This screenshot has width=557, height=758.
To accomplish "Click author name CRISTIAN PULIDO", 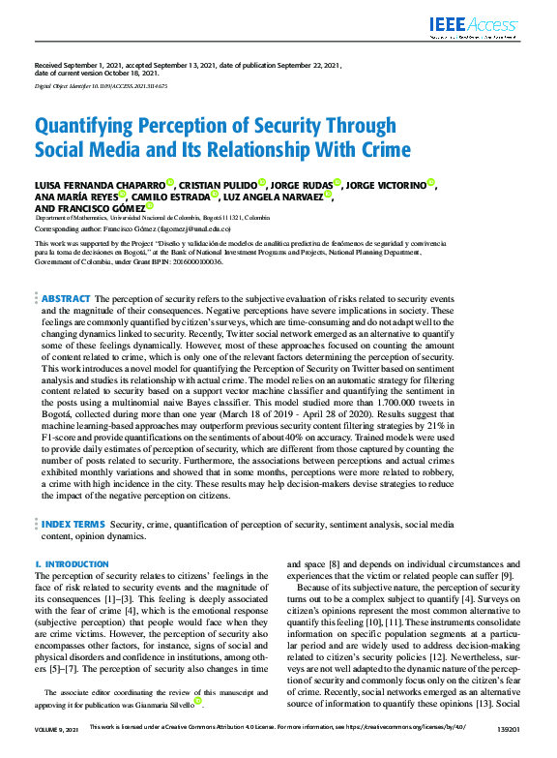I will (x=218, y=183).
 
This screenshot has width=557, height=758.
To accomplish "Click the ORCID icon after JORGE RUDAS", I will (x=338, y=182).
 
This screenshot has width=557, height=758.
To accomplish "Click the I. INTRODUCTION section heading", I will (x=72, y=563).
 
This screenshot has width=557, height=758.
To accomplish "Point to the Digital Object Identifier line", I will (x=101, y=86).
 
